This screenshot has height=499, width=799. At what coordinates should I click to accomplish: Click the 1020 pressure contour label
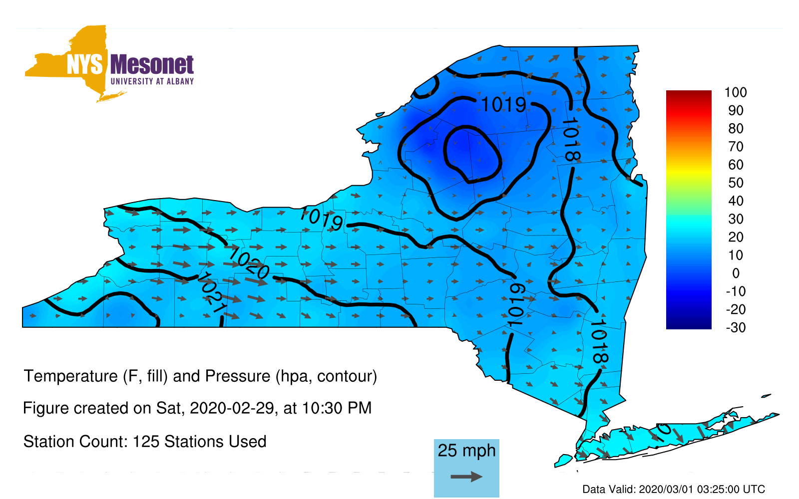tap(249, 263)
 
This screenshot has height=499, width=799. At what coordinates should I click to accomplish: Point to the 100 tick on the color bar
tap(736, 92)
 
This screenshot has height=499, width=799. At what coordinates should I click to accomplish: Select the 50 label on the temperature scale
tap(736, 183)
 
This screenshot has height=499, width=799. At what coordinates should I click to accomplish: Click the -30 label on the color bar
tap(736, 327)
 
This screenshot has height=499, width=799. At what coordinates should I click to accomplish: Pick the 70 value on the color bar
tap(736, 147)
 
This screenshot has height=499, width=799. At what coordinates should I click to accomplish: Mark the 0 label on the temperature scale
tap(736, 273)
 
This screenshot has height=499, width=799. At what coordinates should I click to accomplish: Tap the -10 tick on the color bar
tap(736, 291)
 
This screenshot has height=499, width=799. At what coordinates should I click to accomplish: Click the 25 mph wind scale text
tap(466, 451)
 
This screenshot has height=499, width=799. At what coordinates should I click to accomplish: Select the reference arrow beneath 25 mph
tap(466, 477)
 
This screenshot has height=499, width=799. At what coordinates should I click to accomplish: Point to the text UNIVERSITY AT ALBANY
tap(152, 81)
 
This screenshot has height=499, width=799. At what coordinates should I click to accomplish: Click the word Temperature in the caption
tap(70, 376)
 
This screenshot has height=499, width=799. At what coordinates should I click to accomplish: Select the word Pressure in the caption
tap(238, 376)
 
